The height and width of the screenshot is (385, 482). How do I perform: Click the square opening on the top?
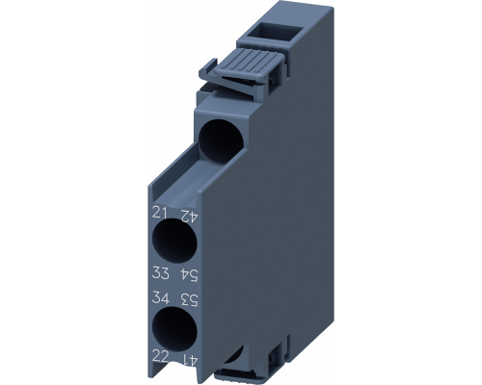point(266,27)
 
